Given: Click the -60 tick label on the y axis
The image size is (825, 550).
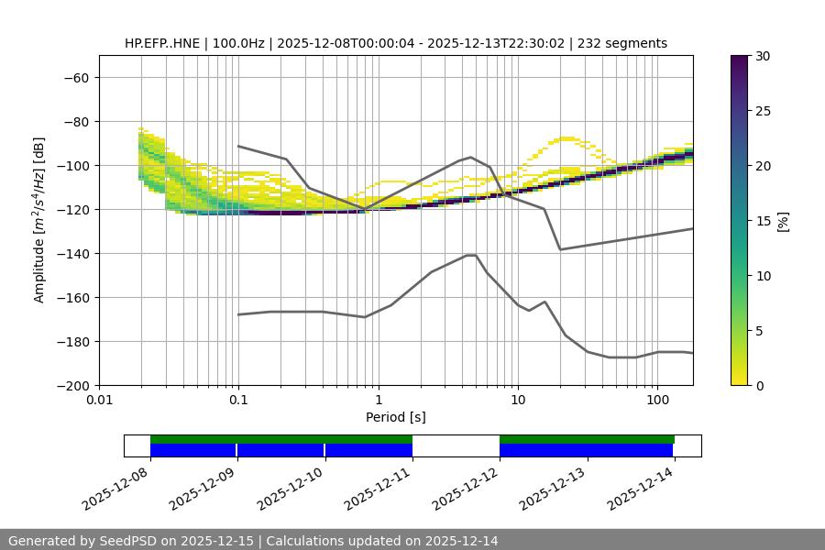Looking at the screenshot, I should point(75,77).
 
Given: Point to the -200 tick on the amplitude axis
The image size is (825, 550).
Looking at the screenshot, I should point(71,385).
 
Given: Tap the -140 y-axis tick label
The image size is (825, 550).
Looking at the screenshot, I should point(71,253).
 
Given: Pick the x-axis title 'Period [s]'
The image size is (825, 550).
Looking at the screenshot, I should point(395,417).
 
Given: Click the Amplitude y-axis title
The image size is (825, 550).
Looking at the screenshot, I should point(39,220).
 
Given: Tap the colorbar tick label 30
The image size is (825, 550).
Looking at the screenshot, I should point(762,56).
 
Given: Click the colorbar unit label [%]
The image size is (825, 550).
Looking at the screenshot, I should point(783,221).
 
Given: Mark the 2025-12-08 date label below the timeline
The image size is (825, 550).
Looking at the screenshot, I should point(115,489).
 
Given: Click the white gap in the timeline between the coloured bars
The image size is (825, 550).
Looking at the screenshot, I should point(456,445).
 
